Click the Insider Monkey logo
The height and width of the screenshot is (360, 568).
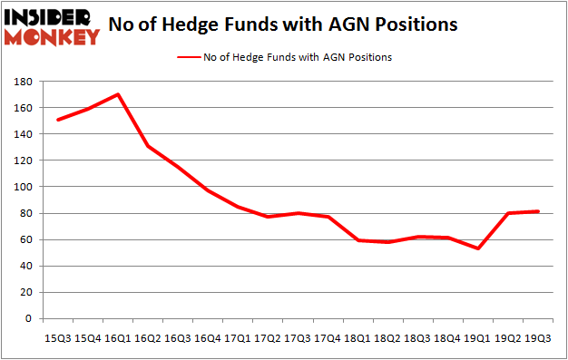(52, 26)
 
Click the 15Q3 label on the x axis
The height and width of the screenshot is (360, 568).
(59, 337)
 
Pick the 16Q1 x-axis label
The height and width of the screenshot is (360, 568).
(118, 337)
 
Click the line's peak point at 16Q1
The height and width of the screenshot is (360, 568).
(118, 94)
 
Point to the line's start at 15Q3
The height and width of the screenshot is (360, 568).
(59, 120)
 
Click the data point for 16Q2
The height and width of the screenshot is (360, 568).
(148, 146)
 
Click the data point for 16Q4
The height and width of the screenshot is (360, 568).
(207, 190)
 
